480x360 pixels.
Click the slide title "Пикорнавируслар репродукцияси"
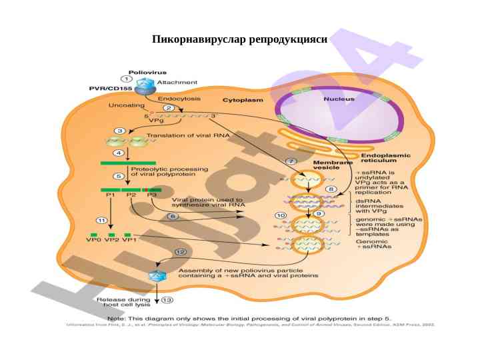[240, 39]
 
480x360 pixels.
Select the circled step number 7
[291, 161]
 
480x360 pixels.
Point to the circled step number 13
[167, 300]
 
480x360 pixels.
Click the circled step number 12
[181, 251]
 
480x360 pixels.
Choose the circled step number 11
[101, 220]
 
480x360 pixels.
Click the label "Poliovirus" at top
[147, 72]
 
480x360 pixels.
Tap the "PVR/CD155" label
[111, 88]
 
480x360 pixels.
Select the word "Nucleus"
[339, 99]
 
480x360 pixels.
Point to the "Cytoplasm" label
[243, 100]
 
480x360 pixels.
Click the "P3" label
[152, 195]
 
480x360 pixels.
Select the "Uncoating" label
[126, 105]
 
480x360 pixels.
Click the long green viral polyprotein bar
[128, 162]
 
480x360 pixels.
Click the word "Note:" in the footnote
[117, 319]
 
